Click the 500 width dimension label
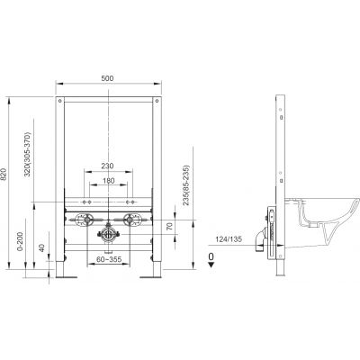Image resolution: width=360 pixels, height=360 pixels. (107, 78)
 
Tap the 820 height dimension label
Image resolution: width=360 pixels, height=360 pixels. (4, 175)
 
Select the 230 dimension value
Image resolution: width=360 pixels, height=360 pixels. (107, 166)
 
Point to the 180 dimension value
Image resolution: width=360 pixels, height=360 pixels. (108, 181)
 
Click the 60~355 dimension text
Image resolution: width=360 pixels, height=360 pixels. (109, 259)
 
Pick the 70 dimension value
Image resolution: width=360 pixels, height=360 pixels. (170, 227)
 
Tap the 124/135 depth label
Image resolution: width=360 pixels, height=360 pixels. (229, 239)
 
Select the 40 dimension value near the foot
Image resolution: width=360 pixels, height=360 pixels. (41, 247)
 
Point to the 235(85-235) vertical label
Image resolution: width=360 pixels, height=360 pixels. (186, 185)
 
